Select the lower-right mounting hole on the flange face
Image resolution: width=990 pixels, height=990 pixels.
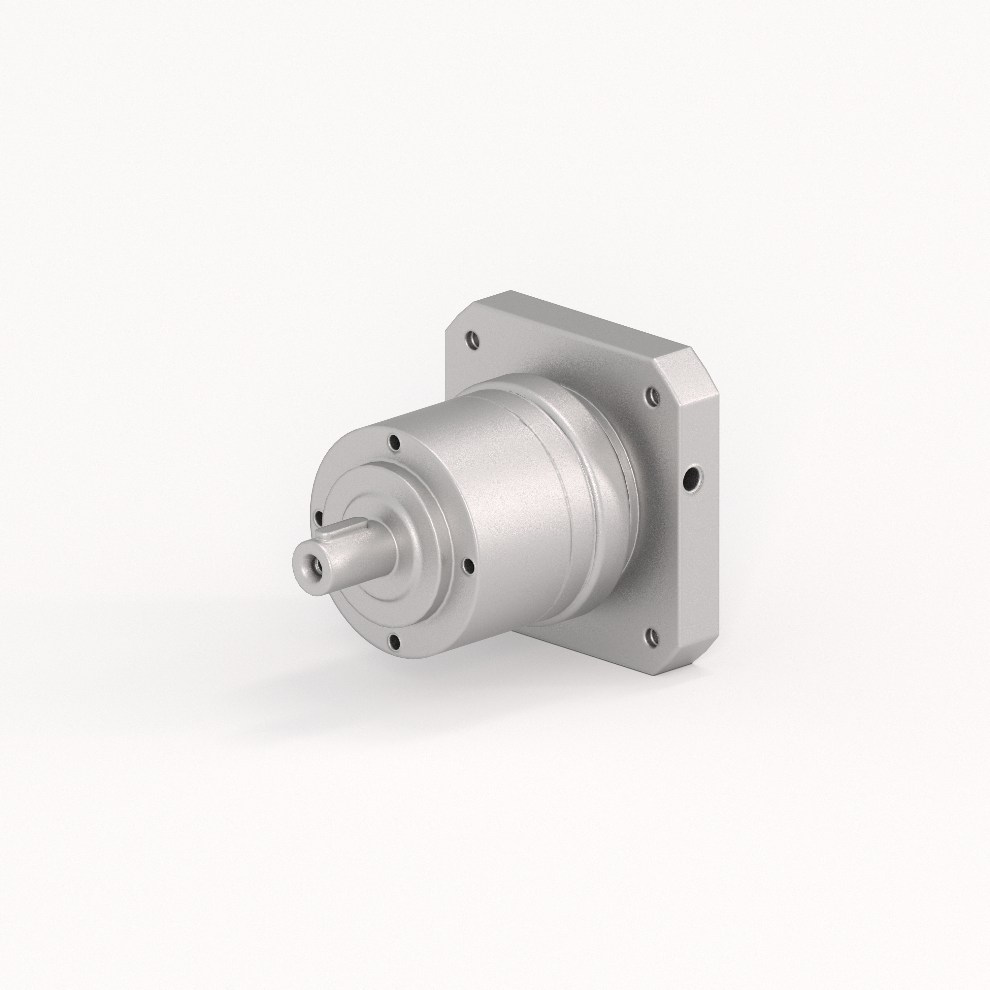pos(651,637)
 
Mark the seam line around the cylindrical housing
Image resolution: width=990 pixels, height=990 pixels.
pos(553,492)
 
